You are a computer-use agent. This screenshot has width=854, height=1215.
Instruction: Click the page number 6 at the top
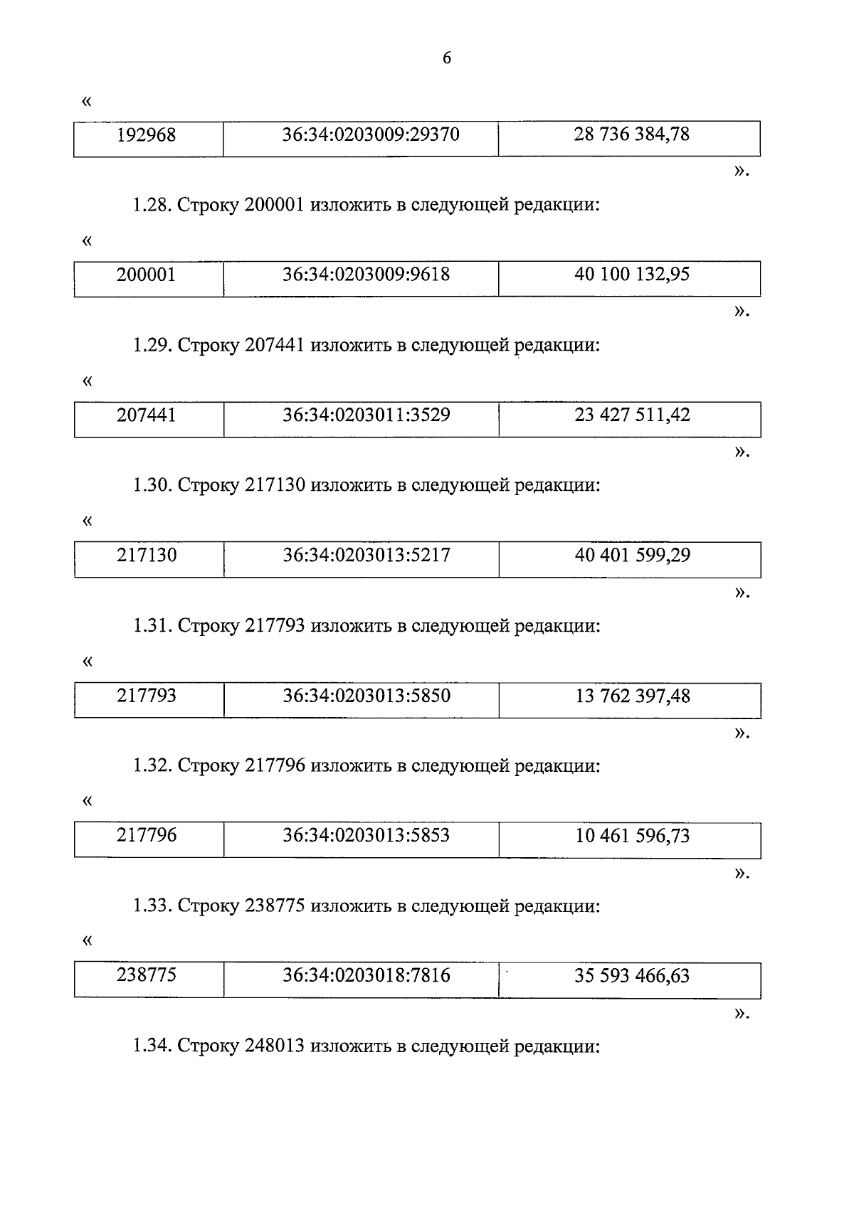click(x=447, y=58)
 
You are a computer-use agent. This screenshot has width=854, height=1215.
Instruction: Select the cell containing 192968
click(x=146, y=134)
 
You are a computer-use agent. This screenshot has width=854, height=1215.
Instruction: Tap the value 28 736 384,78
click(x=631, y=134)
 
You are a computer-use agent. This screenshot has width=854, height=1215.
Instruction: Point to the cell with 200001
click(x=146, y=275)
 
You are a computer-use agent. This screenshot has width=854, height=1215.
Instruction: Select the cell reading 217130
click(x=147, y=555)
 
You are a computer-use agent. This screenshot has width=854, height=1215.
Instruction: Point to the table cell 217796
click(x=147, y=835)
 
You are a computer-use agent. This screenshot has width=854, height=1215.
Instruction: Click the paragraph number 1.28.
click(x=152, y=206)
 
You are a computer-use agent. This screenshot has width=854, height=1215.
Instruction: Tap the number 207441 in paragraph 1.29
click(x=275, y=346)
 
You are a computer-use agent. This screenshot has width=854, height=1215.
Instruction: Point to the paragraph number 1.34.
click(x=152, y=1046)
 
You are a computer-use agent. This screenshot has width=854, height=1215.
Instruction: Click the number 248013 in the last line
click(x=275, y=1046)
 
